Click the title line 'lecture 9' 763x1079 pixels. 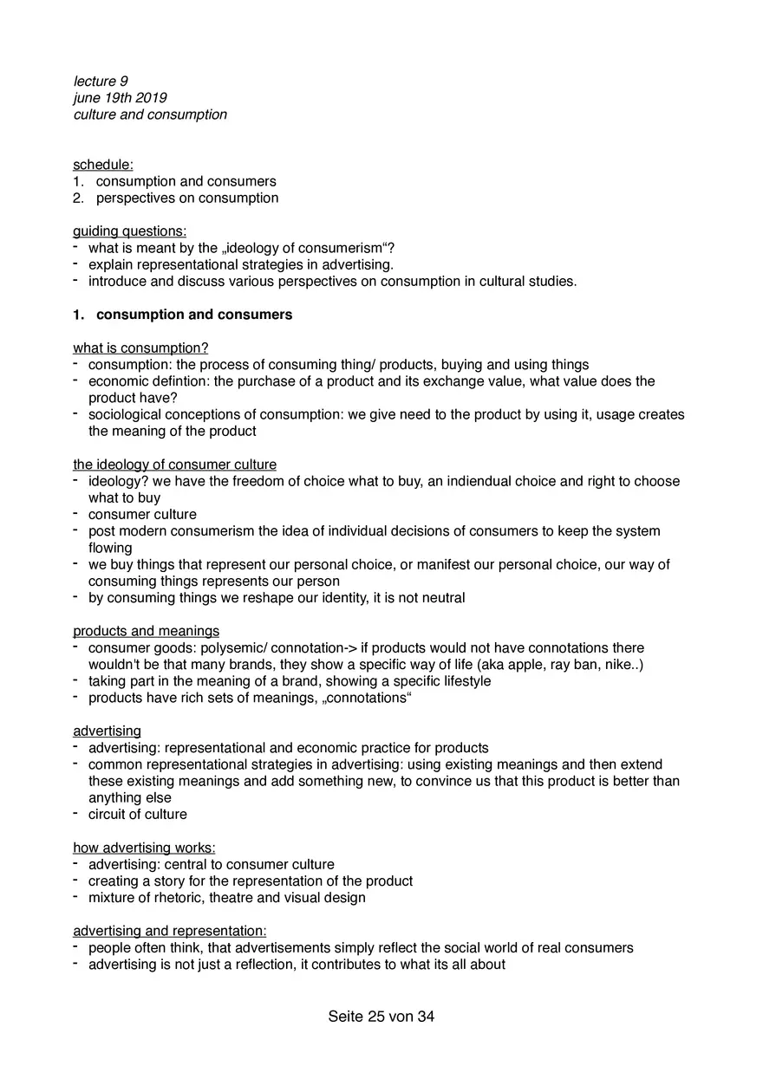pyautogui.click(x=101, y=81)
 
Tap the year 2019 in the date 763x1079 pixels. pyautogui.click(x=151, y=98)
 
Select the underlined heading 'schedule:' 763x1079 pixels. pyautogui.click(x=103, y=165)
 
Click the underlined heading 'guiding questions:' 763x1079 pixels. pyautogui.click(x=130, y=231)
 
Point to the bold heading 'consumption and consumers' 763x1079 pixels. pyautogui.click(x=194, y=315)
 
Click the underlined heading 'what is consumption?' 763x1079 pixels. pyautogui.click(x=140, y=348)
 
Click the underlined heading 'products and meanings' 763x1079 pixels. pyautogui.click(x=146, y=631)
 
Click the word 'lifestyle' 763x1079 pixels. pyautogui.click(x=462, y=681)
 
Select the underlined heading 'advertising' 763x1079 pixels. pyautogui.click(x=107, y=731)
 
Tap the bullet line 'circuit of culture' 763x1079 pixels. pyautogui.click(x=137, y=815)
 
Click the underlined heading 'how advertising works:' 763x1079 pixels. pyautogui.click(x=144, y=848)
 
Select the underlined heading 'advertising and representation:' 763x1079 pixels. pyautogui.click(x=169, y=931)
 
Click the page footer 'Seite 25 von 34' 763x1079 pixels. pyautogui.click(x=381, y=1017)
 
